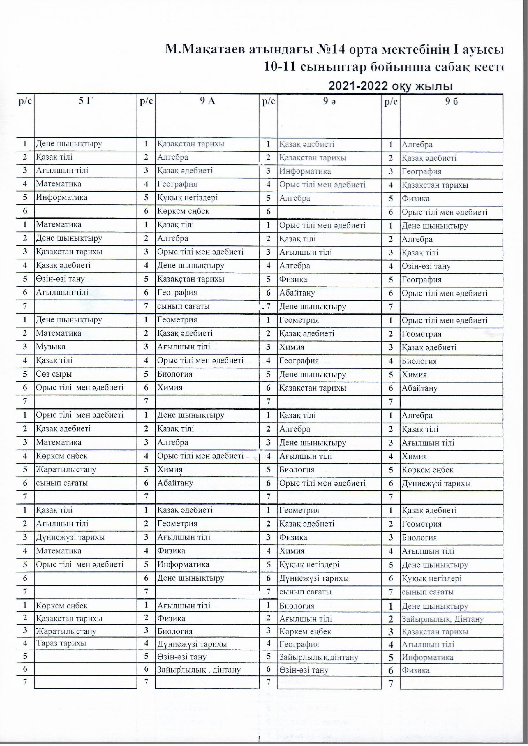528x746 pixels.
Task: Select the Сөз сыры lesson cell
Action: (54, 374)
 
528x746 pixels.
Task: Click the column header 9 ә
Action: (329, 101)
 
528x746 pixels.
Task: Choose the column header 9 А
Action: (207, 101)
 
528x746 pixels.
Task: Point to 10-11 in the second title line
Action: (280, 67)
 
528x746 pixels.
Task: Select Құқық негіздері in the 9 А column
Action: (187, 197)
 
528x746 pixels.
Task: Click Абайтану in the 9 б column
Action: (419, 388)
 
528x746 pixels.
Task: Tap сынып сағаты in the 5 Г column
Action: (62, 483)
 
